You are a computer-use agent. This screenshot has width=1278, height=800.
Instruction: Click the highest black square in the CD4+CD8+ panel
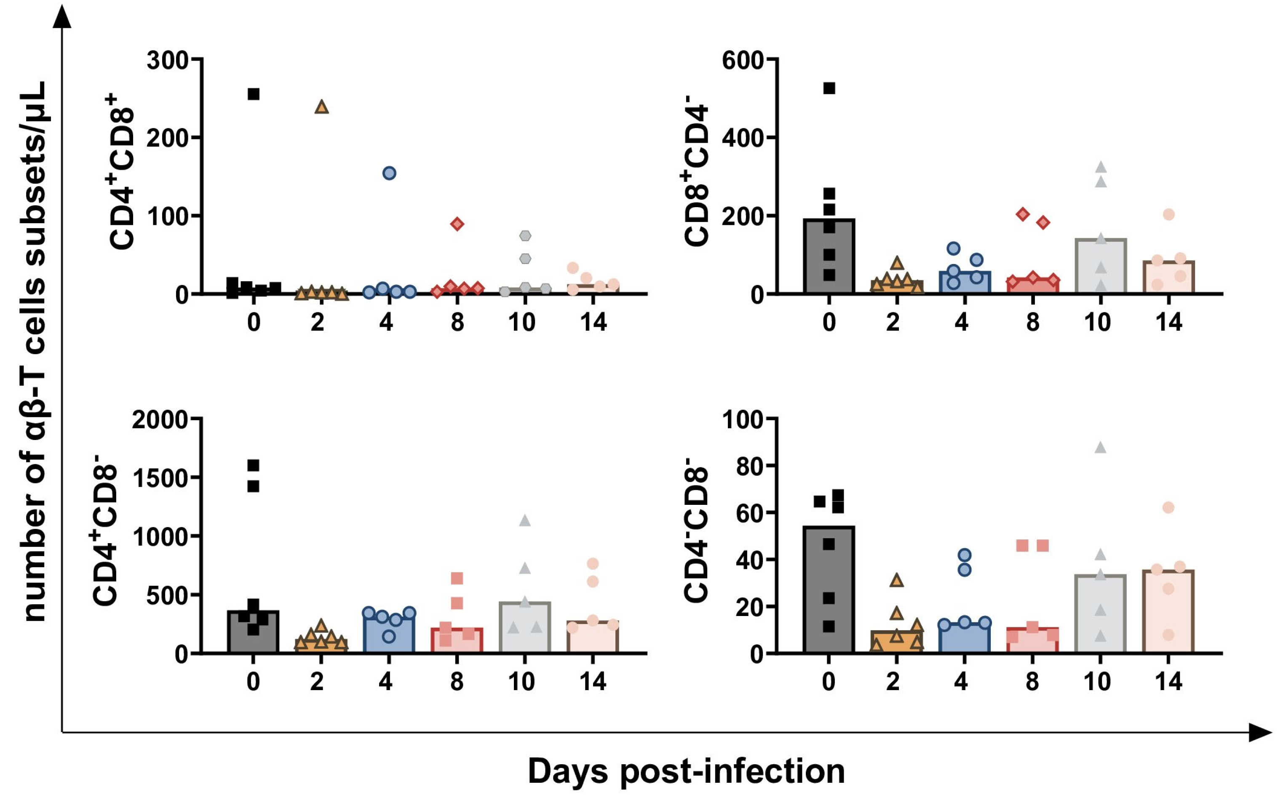pyautogui.click(x=254, y=94)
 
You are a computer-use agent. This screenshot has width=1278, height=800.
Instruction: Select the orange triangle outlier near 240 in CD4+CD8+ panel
pyautogui.click(x=322, y=107)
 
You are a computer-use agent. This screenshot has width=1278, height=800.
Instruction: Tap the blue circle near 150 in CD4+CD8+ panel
pyautogui.click(x=389, y=173)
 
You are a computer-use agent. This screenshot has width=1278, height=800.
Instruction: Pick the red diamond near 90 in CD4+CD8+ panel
pyautogui.click(x=457, y=224)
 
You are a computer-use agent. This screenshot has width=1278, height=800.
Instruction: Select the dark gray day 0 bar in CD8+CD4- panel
pyautogui.click(x=829, y=264)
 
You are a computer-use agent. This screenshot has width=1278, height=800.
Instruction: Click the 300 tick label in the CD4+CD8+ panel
pyautogui.click(x=167, y=60)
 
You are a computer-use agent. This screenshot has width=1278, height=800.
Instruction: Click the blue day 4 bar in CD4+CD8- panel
pyautogui.click(x=389, y=635)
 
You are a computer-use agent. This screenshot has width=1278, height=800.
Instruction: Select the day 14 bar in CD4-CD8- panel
pyautogui.click(x=1168, y=614)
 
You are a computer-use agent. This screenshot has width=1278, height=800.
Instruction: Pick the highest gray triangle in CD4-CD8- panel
pyautogui.click(x=1100, y=448)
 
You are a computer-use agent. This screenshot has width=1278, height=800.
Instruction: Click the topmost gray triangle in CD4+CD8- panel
pyautogui.click(x=524, y=521)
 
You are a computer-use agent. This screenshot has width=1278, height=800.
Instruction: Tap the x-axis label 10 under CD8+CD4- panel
pyautogui.click(x=1097, y=322)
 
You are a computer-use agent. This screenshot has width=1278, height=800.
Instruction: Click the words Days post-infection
pyautogui.click(x=686, y=771)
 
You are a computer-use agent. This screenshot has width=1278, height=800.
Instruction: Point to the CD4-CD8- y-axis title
pyautogui.click(x=696, y=530)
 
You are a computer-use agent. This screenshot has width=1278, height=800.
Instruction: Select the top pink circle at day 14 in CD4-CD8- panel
pyautogui.click(x=1168, y=508)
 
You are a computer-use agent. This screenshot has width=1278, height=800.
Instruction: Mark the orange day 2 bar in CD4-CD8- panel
pyautogui.click(x=896, y=641)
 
